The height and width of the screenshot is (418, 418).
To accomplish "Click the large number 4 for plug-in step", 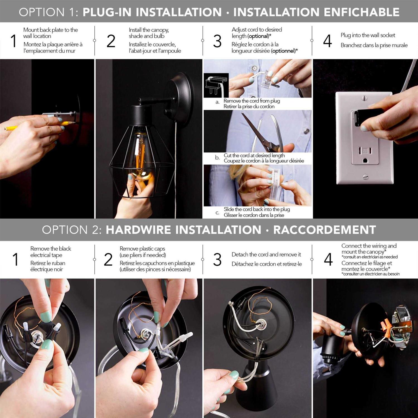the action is [328, 41].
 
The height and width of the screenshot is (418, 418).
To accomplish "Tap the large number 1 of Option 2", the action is [16, 259].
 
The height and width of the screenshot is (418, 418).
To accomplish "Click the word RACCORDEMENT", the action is [325, 230].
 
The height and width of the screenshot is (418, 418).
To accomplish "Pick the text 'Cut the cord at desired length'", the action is [254, 155].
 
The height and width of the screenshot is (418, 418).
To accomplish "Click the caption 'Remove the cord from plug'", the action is [252, 101].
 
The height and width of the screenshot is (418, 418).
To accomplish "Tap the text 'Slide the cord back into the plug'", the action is [257, 209].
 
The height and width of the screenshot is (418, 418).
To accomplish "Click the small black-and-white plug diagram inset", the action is [216, 85].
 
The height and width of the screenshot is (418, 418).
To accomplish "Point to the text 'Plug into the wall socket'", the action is [368, 35].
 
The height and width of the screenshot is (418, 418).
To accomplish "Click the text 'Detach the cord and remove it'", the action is [266, 254].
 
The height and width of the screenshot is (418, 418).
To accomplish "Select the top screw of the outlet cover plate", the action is [365, 98].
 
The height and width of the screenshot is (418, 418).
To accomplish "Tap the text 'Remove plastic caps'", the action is [142, 249].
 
